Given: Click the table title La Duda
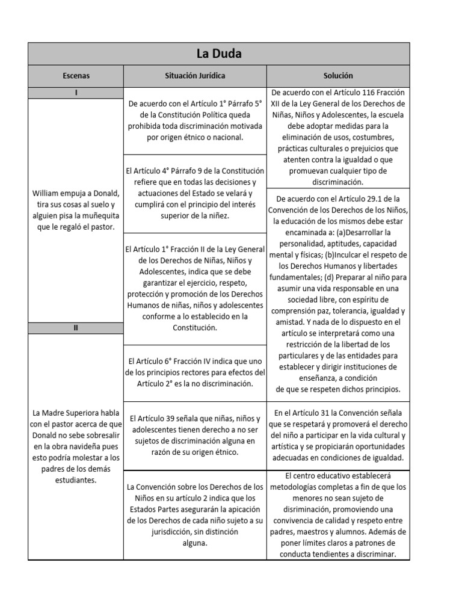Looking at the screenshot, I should (x=219, y=54).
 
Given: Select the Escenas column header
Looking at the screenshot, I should (x=76, y=76).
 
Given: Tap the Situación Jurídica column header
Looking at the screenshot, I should (x=194, y=76).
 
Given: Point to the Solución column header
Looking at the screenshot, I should (x=337, y=76).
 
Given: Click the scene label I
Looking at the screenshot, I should (x=76, y=93).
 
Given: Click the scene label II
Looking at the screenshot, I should (x=76, y=328).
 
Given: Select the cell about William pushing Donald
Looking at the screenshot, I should (x=76, y=209).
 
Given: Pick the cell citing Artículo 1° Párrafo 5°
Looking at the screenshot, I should (x=194, y=120).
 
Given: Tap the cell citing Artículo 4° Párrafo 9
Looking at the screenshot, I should (x=194, y=193).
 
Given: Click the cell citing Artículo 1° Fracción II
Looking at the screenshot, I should (x=194, y=288).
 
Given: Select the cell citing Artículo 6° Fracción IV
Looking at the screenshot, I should (x=194, y=372).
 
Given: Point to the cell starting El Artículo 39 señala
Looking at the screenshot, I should (x=194, y=435).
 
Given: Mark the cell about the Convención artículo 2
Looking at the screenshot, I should (x=194, y=514).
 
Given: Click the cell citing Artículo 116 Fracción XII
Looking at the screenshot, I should (x=337, y=137).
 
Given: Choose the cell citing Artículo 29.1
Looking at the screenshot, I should (x=337, y=294).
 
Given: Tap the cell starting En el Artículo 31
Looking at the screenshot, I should (x=337, y=435).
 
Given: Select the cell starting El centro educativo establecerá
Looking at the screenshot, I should (x=337, y=514).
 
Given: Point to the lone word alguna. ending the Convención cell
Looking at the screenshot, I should (x=194, y=543).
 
